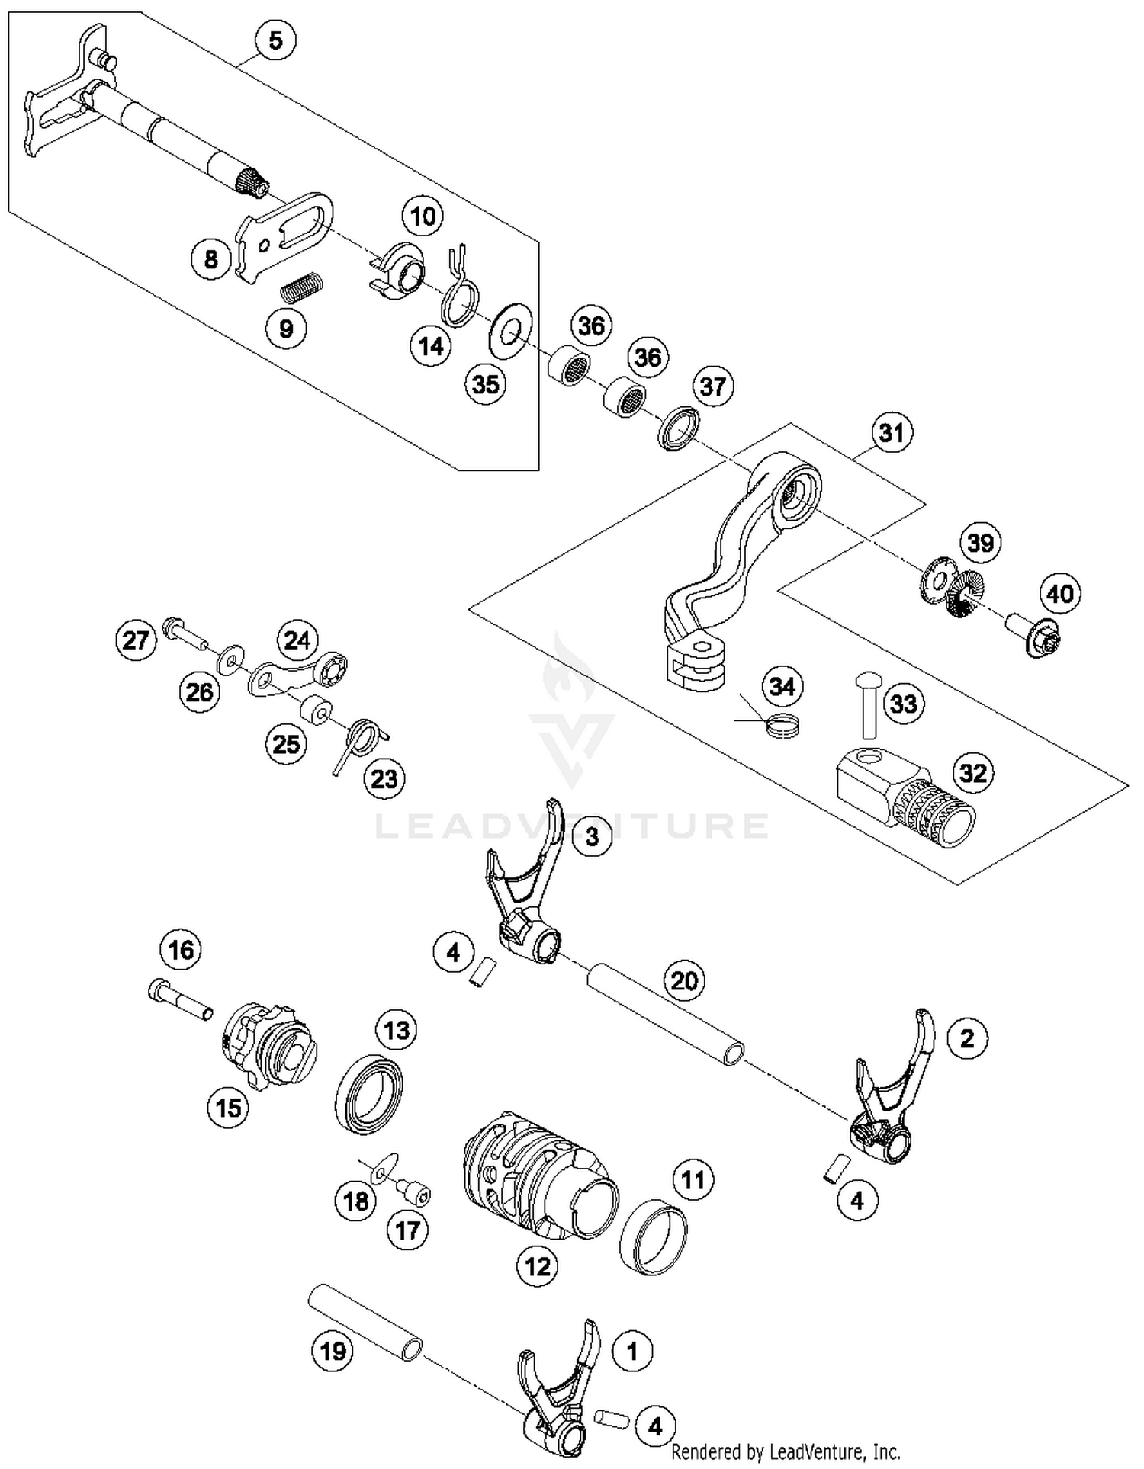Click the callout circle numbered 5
(x=275, y=40)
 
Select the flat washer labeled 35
(x=510, y=329)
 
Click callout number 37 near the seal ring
(x=712, y=386)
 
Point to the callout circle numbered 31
(x=892, y=433)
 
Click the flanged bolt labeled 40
(x=1031, y=636)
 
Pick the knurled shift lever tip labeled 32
(x=907, y=798)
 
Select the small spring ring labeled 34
(x=783, y=724)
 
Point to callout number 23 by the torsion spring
(x=384, y=779)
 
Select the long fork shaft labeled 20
(x=664, y=1015)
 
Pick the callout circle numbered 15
(x=229, y=1108)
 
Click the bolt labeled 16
(x=179, y=999)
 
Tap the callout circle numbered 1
(x=631, y=1352)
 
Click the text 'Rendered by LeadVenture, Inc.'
(x=786, y=1451)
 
